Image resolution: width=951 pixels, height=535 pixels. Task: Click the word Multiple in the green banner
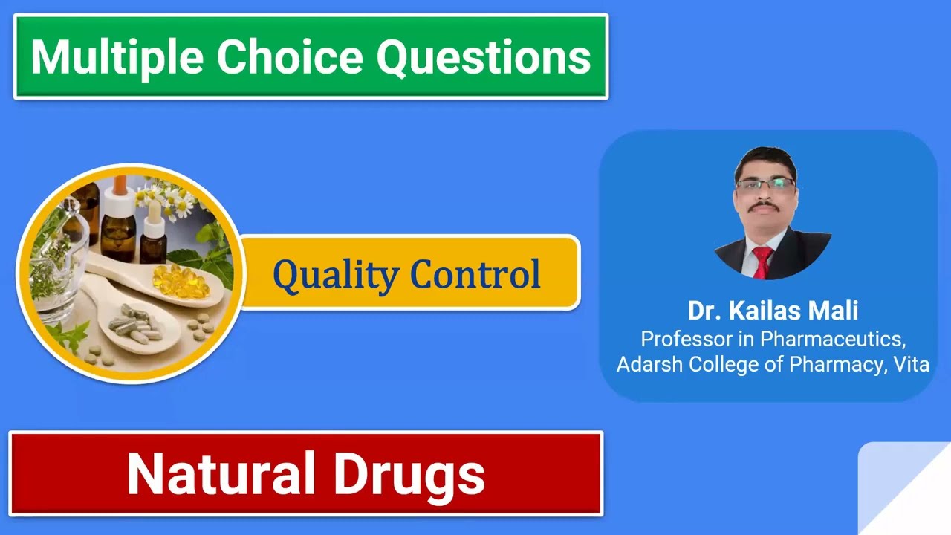pyautogui.click(x=114, y=56)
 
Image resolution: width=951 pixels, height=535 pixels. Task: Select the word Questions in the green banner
pyautogui.click(x=484, y=56)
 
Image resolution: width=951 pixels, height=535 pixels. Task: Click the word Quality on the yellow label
pyautogui.click(x=335, y=274)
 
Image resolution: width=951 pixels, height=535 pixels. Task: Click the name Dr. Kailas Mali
pyautogui.click(x=773, y=311)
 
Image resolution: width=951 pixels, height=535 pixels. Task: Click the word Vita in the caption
pyautogui.click(x=911, y=365)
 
